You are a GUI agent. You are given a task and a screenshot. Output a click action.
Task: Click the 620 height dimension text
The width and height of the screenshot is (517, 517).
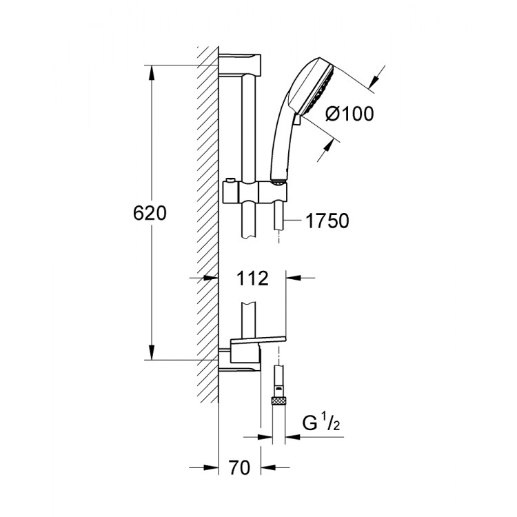149,213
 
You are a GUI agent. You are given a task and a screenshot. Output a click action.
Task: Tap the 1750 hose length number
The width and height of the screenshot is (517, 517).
326,221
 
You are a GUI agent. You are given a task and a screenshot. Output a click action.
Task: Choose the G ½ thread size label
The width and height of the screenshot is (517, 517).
321,423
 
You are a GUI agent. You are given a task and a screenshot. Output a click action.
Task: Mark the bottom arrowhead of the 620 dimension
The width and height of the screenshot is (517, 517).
150,354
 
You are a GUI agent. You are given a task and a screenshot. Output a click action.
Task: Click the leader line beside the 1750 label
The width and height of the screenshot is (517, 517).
292,221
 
